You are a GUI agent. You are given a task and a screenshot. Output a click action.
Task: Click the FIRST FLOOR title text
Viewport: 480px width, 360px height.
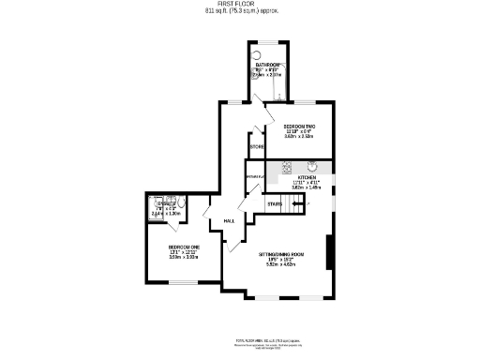[x=240, y=4]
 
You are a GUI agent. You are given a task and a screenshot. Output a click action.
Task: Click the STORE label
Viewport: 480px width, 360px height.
[x=256, y=146]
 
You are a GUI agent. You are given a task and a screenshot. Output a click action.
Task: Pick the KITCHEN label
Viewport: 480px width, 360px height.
[x=308, y=176]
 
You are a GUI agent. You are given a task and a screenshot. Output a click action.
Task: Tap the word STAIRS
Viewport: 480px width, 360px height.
[x=275, y=203]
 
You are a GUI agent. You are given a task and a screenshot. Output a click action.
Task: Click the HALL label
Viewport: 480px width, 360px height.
[x=229, y=221]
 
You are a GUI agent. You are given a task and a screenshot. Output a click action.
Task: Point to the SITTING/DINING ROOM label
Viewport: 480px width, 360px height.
[x=282, y=254]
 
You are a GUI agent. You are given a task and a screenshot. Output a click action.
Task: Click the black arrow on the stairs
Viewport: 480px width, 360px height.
[x=292, y=203]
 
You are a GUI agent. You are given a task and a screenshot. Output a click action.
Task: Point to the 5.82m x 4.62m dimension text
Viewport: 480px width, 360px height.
[x=282, y=265]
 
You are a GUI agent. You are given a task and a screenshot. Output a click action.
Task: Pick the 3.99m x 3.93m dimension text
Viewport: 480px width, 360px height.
[x=182, y=258]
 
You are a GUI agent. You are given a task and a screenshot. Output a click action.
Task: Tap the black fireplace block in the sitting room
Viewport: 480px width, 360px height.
[x=329, y=251]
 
